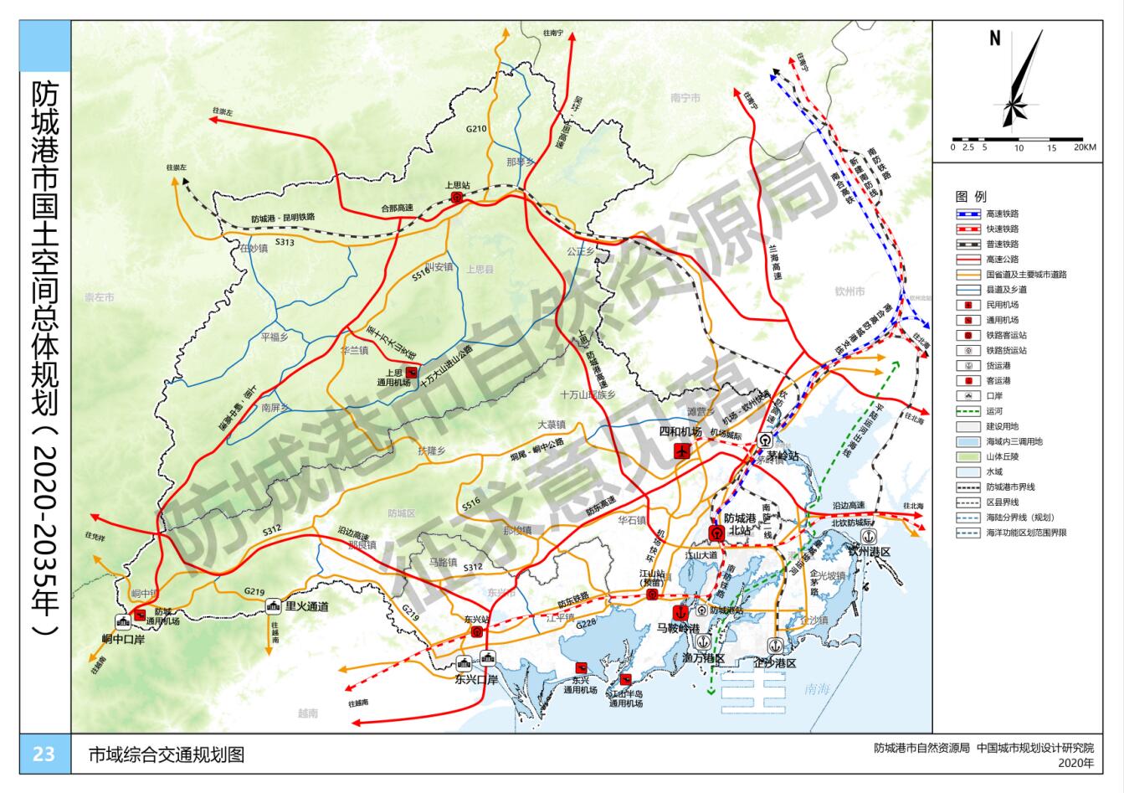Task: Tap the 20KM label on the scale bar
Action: click(1085, 147)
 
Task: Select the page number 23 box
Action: click(44, 754)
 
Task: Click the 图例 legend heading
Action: click(971, 197)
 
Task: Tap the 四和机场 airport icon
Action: click(681, 451)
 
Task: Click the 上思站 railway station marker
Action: click(456, 198)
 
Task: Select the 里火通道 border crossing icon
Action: click(274, 606)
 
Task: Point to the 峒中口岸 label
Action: click(124, 638)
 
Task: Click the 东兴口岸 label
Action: click(476, 679)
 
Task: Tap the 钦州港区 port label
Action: click(870, 552)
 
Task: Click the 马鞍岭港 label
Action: click(678, 627)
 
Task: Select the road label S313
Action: click(285, 242)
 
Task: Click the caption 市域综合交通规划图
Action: click(167, 754)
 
